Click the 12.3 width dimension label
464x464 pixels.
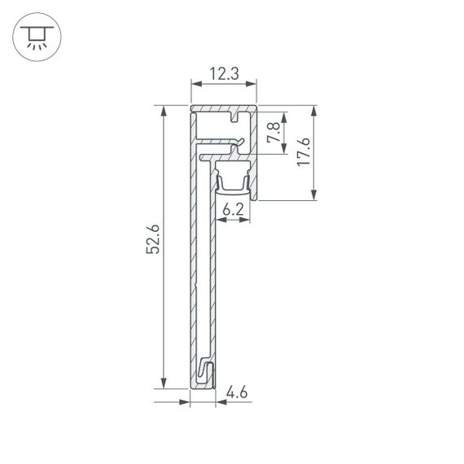[223, 74]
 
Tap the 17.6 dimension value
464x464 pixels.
[303, 152]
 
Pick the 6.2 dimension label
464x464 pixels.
[234, 209]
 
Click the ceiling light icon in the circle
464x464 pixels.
[35, 37]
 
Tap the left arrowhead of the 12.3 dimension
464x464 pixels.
[194, 84]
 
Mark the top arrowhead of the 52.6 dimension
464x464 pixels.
[165, 110]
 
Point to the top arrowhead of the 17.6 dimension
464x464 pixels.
[314, 110]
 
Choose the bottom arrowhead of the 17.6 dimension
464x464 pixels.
[314, 196]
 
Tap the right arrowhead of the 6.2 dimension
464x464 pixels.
[247, 220]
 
